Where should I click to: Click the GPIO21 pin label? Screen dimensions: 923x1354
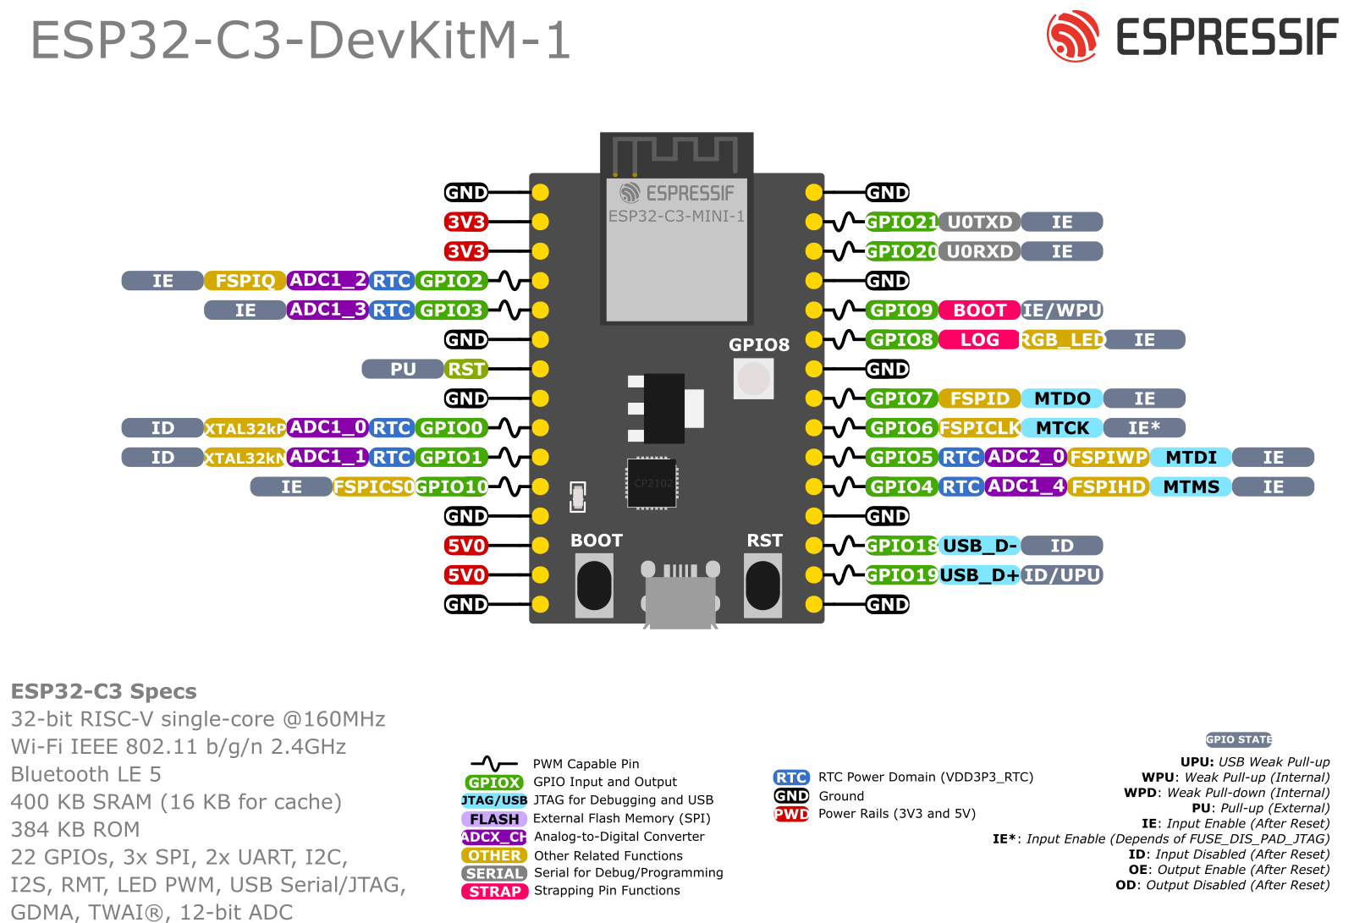pos(901,223)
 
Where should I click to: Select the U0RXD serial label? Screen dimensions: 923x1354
pos(979,251)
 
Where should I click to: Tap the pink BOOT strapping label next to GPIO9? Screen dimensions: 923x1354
pos(979,310)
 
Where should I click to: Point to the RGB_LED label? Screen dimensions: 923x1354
pos(1062,340)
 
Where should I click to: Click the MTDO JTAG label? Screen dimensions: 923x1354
pos(1062,398)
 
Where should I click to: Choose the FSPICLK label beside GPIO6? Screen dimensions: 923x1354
pos(979,428)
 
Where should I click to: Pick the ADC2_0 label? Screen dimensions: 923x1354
pos(1025,457)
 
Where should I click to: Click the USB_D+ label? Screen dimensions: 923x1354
pos(979,575)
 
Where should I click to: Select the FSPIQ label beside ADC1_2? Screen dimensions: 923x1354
pos(245,281)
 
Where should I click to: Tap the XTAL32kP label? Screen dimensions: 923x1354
pos(245,428)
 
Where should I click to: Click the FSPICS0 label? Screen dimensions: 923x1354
pos(373,487)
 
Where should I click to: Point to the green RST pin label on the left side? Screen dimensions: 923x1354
pos(465,369)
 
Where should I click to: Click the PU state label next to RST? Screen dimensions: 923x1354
pos(402,369)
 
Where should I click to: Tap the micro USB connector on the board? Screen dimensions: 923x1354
pos(680,596)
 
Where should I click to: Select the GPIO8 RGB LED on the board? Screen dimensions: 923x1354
pos(753,378)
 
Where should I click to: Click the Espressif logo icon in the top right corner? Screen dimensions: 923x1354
pos(1071,36)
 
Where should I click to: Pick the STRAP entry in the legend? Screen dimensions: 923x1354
pos(494,891)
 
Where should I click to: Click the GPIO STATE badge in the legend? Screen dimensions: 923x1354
pos(1239,739)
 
